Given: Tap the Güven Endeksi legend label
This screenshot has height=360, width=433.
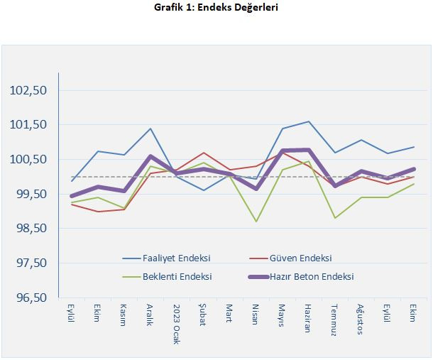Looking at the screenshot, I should click(302, 258).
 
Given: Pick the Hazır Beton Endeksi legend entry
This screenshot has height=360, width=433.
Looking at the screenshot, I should click(312, 276).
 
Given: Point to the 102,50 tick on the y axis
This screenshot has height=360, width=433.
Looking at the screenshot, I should click(28, 90).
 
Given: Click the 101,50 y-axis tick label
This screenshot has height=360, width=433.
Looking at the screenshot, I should click(28, 125).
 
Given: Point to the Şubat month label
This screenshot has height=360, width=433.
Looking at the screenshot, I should click(203, 315).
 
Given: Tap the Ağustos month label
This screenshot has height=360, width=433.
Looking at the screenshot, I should click(360, 317).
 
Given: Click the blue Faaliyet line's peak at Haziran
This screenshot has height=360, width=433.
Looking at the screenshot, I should click(307, 121).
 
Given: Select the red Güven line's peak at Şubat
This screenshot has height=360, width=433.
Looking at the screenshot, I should click(203, 153).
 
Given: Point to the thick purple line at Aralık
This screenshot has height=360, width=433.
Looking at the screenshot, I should click(150, 156).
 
